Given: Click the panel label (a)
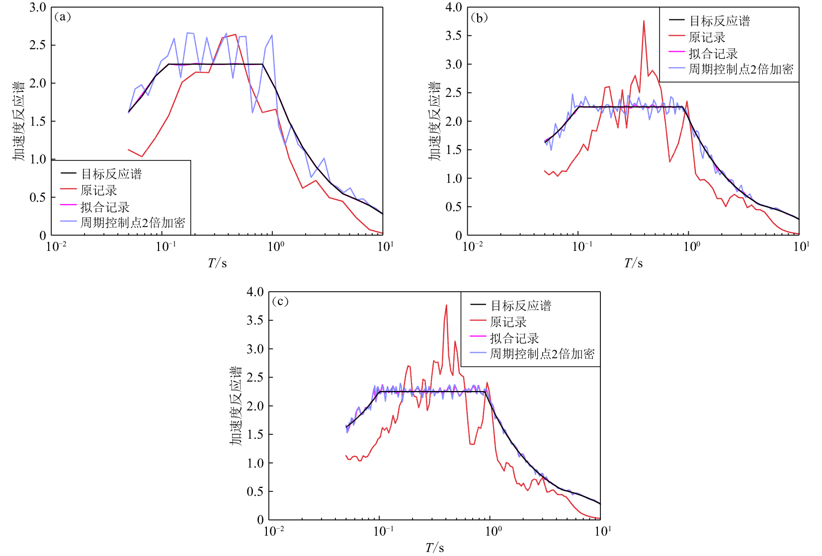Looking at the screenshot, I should (62, 17).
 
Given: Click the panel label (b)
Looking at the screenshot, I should (479, 18).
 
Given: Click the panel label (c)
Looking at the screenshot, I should (280, 302).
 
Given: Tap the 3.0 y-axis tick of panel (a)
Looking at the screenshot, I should (37, 7).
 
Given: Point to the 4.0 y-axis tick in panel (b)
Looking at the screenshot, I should (454, 7).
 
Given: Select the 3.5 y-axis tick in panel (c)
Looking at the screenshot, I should (255, 320).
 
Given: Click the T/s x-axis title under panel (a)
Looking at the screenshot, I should (217, 263).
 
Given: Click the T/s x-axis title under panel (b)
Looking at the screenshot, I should (633, 263).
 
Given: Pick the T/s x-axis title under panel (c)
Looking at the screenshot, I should (434, 548).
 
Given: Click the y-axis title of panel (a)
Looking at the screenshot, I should (19, 121).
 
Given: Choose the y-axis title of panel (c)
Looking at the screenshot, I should (236, 406).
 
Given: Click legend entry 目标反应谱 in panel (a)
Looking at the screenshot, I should (111, 174).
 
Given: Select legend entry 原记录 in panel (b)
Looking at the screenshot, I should (707, 37).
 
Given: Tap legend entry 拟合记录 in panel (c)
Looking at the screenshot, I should (514, 338).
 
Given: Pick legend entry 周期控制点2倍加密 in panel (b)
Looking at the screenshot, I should (740, 69).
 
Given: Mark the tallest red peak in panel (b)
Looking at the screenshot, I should (644, 21).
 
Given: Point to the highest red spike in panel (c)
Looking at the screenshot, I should (446, 306).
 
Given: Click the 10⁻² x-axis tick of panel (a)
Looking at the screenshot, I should (56, 246).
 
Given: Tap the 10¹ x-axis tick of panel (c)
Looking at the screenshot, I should (602, 531).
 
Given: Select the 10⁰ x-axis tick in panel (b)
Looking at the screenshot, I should (691, 246).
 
